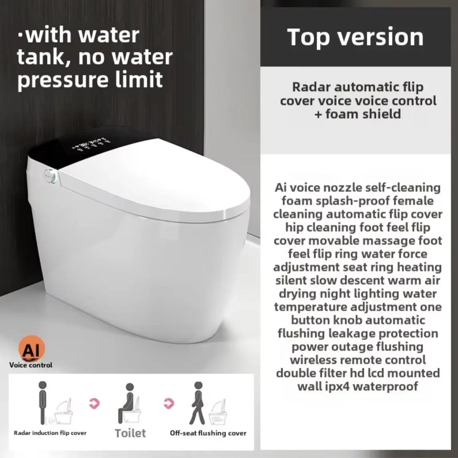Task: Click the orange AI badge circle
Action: pos(32,348)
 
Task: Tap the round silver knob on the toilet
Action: pos(50,175)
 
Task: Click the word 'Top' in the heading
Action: pos(310,38)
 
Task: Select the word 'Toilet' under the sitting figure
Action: pos(130,433)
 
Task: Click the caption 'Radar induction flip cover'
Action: pos(50,433)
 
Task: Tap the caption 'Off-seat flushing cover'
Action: pos(208,433)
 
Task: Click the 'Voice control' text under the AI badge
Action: pos(31,365)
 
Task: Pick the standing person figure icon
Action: pos(43,402)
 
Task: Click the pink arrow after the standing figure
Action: pos(95,403)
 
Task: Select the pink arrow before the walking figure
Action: pos(169,403)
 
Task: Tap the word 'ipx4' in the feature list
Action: pos(337,386)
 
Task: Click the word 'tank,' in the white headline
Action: pos(44,57)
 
